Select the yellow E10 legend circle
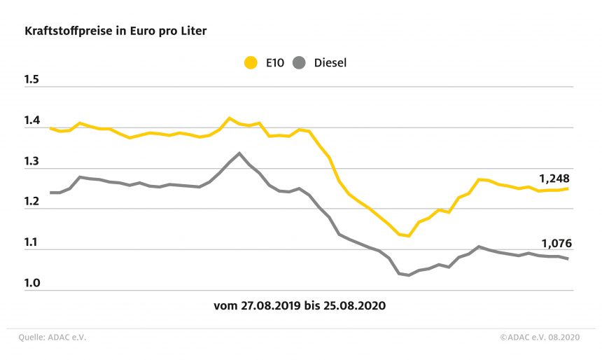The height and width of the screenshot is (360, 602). (x=250, y=63)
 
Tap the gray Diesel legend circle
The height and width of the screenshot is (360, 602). (x=300, y=63)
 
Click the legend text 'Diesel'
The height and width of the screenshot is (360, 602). (x=330, y=63)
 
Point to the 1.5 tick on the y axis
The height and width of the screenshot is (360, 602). (x=32, y=80)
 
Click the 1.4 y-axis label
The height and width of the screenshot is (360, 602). (x=32, y=121)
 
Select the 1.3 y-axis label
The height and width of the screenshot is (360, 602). (x=32, y=162)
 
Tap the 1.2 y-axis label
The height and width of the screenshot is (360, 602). (x=32, y=202)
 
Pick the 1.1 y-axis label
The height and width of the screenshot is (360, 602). (x=32, y=243)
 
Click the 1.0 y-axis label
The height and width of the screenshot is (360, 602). (x=32, y=284)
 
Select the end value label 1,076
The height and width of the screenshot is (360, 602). (x=556, y=244)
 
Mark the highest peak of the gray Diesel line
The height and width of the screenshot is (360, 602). (x=239, y=153)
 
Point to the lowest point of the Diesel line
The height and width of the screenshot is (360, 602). (x=409, y=275)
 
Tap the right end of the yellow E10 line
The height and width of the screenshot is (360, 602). (x=567, y=188)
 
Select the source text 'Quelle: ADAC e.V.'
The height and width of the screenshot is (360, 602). (x=52, y=337)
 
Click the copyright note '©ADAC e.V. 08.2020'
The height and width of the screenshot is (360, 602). (x=541, y=337)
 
